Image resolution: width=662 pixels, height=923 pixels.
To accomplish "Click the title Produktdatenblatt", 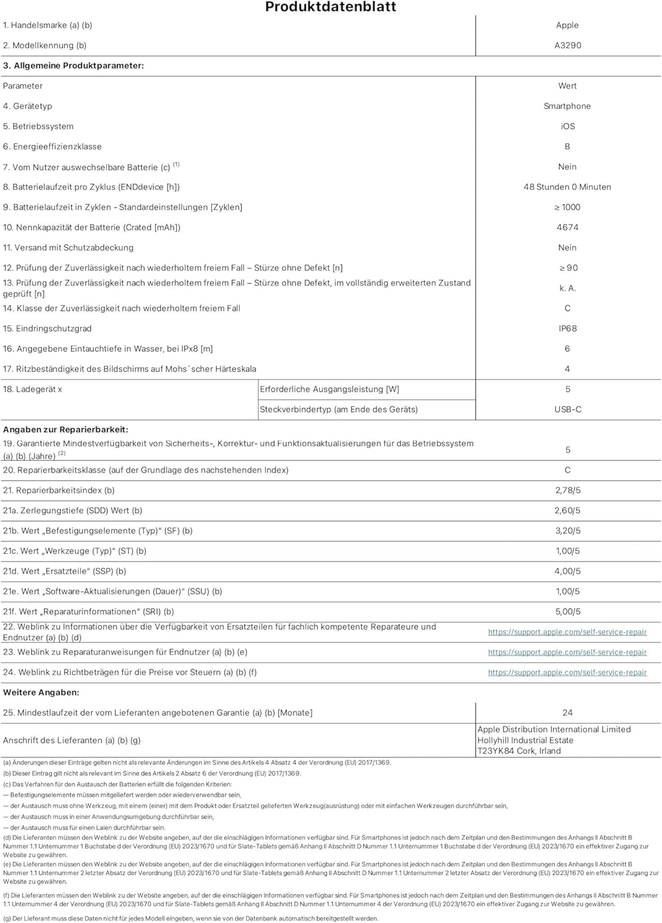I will [330, 7].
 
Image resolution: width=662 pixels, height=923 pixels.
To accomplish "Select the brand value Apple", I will [567, 25].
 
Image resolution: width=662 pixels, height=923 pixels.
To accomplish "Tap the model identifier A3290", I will [567, 46].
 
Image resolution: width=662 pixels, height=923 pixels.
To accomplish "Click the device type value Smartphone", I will [567, 106].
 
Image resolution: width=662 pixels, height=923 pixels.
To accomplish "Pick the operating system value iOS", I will [567, 126].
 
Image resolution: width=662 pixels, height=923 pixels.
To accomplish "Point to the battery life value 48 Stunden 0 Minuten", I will [567, 187].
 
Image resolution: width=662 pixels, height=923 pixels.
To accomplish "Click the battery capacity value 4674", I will [567, 228].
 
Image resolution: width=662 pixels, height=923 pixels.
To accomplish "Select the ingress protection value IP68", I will [567, 329].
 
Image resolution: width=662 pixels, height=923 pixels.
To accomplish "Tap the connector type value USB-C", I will [567, 409].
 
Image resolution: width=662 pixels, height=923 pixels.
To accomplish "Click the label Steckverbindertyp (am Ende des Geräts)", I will [338, 409].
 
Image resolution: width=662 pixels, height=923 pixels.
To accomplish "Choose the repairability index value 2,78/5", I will [567, 490].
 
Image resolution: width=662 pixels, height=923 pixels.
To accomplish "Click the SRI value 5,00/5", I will [567, 612].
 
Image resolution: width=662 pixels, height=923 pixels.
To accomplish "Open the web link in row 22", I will [567, 632].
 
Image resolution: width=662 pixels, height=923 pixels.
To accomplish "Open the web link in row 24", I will [567, 673].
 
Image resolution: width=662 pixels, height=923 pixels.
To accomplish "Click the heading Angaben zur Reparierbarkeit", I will [66, 430].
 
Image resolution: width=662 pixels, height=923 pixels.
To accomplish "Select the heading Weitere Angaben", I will [41, 692].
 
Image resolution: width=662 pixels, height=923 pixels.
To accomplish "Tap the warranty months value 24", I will [567, 713].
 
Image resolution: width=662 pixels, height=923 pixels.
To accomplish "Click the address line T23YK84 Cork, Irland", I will [519, 751].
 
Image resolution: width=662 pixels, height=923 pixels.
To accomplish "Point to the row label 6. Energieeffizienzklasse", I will [52, 146].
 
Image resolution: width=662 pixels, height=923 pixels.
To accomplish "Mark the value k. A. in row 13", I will [567, 288].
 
